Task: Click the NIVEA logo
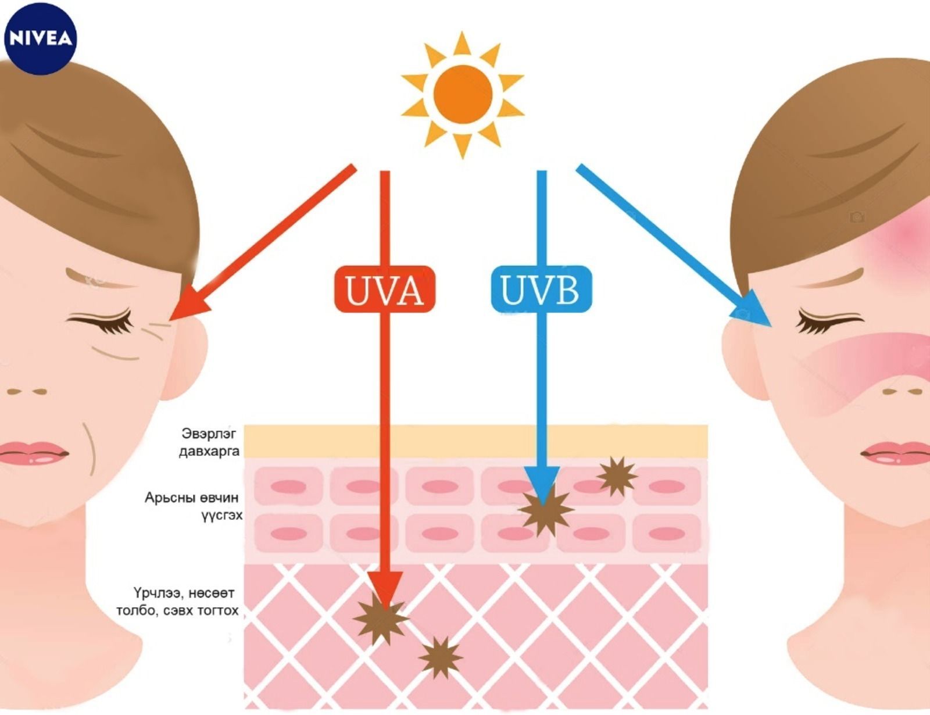pos(40,38)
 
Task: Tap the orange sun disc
pos(463,94)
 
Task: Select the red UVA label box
pos(384,289)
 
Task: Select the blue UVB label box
pos(541,289)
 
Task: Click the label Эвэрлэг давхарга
pos(209,442)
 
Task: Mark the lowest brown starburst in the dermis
pos(440,657)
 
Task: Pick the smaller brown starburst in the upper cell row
pos(617,476)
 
